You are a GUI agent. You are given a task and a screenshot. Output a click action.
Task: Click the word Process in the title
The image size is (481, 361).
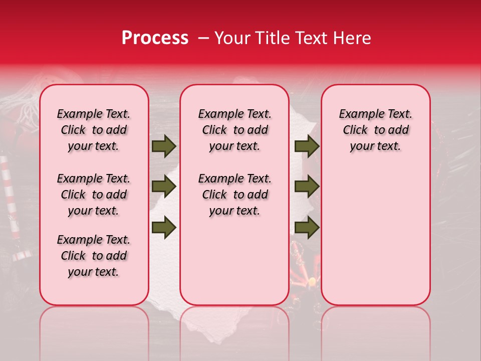coord(155,38)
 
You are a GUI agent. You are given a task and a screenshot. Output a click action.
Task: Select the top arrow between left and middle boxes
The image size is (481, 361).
coord(164,146)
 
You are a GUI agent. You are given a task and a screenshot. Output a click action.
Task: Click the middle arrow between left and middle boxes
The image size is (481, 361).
coord(164,187)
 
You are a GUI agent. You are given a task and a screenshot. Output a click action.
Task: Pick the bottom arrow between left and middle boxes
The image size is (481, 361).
coord(164,228)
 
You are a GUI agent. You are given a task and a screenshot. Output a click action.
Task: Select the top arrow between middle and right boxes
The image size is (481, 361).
coord(307,146)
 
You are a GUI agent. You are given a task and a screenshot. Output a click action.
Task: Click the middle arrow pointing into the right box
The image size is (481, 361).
coord(307,187)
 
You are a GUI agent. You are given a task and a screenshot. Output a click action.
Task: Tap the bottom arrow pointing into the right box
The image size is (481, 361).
coord(307,228)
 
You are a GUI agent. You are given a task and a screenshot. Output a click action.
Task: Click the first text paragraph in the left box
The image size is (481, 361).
coord(94,130)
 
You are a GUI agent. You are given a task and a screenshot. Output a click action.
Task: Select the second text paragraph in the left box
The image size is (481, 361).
coord(94,195)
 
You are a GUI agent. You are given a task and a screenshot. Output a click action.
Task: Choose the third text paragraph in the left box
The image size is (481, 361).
coord(94,256)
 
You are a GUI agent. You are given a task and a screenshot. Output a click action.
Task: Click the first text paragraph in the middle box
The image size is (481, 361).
coord(234,130)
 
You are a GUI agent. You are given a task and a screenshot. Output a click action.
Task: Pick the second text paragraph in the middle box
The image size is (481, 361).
coord(234,195)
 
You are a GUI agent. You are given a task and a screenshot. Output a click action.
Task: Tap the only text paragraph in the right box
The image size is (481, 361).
coord(375,130)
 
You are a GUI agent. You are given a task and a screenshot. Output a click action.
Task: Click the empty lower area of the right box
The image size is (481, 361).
coord(375,241)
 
